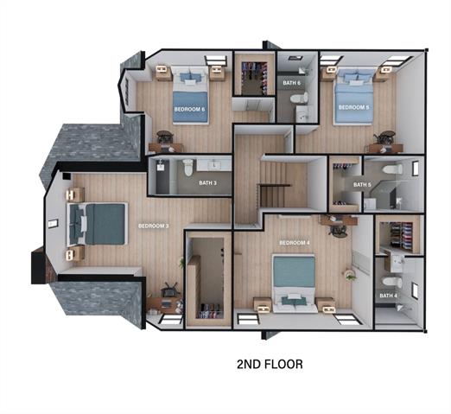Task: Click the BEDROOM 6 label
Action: (x=189, y=110)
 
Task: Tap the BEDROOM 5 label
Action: (x=353, y=107)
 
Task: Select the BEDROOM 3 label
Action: (x=153, y=226)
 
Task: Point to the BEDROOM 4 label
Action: (x=295, y=243)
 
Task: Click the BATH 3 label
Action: (x=207, y=183)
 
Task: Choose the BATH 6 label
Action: (x=291, y=83)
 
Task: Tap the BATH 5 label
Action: (x=362, y=185)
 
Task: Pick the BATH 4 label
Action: (x=388, y=296)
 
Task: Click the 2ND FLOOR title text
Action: (x=270, y=365)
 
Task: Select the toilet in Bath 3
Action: (x=187, y=168)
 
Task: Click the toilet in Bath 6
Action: (x=299, y=99)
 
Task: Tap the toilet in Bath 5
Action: (x=392, y=169)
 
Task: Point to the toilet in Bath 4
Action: (x=392, y=282)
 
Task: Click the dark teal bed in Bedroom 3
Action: (x=97, y=224)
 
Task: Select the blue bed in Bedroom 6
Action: (x=190, y=95)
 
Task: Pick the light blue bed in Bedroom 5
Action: (x=354, y=97)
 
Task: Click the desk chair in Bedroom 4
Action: (x=339, y=231)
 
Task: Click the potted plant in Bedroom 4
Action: (x=350, y=275)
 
